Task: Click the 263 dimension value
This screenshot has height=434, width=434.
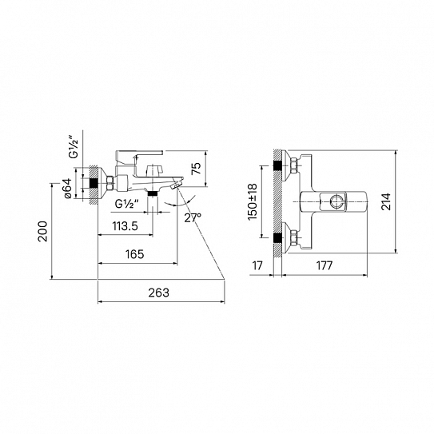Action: tap(158, 293)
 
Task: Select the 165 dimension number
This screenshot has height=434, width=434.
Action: tap(135, 254)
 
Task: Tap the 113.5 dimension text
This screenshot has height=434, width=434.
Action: tap(125, 226)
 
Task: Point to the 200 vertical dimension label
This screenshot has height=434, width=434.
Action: tap(43, 231)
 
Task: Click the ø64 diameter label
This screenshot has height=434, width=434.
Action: tap(68, 188)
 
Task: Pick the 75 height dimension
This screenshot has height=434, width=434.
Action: tap(197, 169)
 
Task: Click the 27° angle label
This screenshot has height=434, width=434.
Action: tap(193, 217)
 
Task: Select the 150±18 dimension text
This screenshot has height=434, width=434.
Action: tap(253, 201)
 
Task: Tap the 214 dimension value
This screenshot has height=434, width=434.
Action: tap(386, 201)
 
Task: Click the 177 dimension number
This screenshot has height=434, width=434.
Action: tap(325, 265)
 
